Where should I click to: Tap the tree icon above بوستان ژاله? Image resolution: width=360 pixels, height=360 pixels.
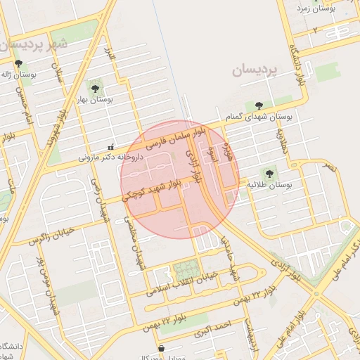tap(18, 64)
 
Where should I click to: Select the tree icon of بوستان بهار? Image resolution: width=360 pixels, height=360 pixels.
tap(94, 89)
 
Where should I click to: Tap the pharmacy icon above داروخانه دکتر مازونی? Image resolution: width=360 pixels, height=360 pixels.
tap(110, 148)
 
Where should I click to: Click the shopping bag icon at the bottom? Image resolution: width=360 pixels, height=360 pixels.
tap(162, 347)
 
